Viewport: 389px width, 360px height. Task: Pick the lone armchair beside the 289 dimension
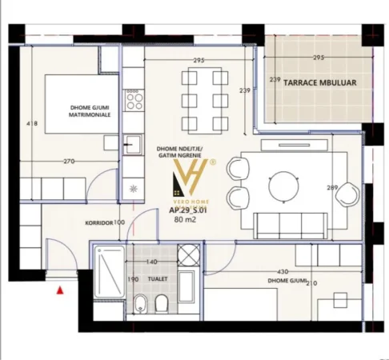(x=347, y=194)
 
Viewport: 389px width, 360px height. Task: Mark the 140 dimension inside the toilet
(x=150, y=262)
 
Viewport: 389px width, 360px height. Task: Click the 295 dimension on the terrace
(x=318, y=58)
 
